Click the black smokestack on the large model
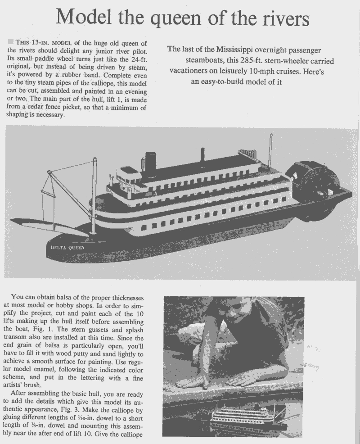click(x=150, y=163)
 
